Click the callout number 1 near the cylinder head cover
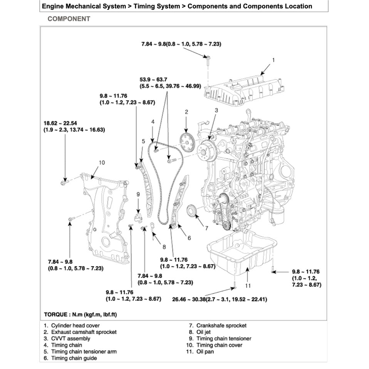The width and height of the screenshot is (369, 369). point(273,60)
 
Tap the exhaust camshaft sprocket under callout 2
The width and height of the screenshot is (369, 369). point(186,144)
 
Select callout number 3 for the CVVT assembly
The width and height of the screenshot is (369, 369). point(216,110)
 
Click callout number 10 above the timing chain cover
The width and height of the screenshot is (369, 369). point(102,163)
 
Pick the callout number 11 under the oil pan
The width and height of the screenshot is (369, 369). point(248,285)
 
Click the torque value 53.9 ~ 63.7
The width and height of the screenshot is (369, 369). point(151,80)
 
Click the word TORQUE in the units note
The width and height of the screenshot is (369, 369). point(57,315)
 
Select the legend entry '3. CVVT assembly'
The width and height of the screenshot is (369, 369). point(67,339)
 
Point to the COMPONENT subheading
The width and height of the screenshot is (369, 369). point(69,19)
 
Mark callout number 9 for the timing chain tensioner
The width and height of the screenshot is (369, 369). point(138,195)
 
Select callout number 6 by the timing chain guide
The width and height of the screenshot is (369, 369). point(189,238)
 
